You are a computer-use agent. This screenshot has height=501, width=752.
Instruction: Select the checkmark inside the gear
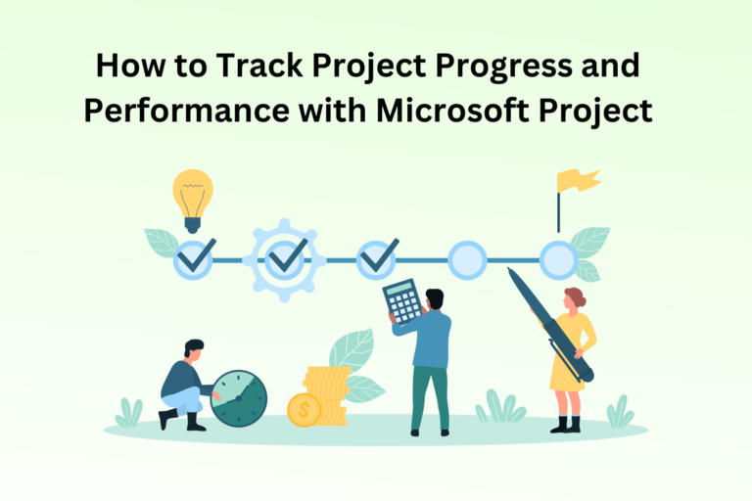(x=287, y=259)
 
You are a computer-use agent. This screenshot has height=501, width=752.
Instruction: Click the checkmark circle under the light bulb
(x=193, y=259)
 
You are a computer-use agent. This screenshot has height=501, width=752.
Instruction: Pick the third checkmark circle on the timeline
(x=377, y=259)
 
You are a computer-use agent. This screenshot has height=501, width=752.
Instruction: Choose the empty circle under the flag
(x=559, y=259)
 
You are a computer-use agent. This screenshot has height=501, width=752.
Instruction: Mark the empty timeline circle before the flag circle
(x=467, y=259)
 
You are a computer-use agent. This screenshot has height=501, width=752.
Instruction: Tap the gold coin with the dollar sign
(x=304, y=409)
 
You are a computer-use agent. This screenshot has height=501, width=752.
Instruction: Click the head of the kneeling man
(x=194, y=349)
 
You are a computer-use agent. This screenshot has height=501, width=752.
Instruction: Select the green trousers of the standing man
(x=429, y=396)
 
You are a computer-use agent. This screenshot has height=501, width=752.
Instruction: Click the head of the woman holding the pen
(x=575, y=297)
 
